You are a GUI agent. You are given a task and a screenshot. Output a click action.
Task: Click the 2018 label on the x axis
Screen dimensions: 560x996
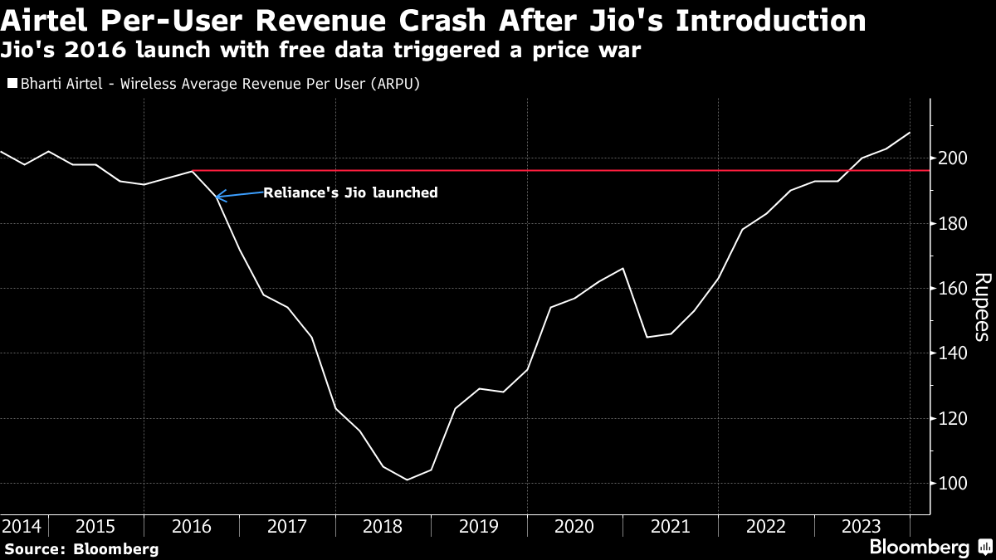(383, 526)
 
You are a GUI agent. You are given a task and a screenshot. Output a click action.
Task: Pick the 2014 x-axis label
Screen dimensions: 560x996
(22, 526)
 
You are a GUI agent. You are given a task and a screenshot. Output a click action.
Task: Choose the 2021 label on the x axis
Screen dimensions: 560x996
(671, 526)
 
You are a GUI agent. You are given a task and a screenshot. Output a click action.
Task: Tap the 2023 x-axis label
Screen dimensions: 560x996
(862, 526)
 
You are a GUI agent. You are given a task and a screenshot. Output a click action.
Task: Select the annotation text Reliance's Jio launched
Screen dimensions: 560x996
(350, 192)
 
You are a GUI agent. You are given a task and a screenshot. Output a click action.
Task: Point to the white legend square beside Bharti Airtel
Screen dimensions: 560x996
(12, 84)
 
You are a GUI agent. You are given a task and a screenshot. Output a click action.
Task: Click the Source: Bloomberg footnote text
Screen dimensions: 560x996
(81, 548)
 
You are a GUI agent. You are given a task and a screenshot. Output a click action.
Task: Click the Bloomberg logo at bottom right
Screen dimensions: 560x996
(920, 548)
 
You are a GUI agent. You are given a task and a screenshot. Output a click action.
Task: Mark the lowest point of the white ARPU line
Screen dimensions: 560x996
(407, 480)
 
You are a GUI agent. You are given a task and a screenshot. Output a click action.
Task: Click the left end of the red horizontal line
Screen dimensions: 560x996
(193, 171)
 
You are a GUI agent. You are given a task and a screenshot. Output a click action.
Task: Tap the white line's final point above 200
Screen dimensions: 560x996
(910, 133)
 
